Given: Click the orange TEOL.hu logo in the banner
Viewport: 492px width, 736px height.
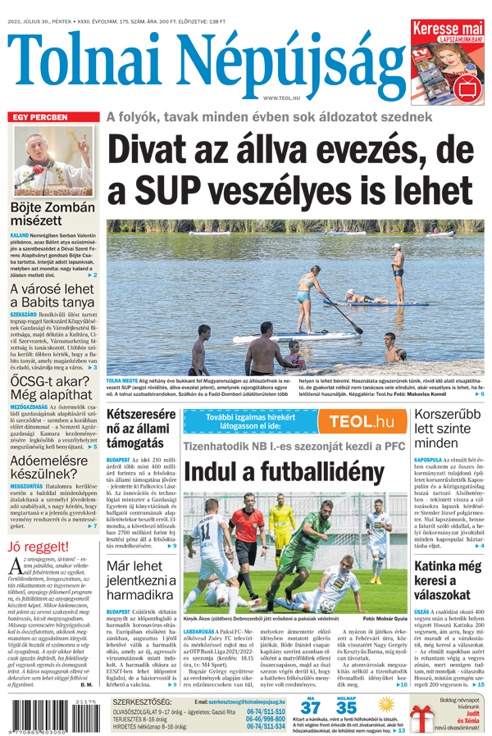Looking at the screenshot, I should tap(362, 422).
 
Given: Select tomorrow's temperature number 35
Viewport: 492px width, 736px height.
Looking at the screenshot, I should tap(347, 707).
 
